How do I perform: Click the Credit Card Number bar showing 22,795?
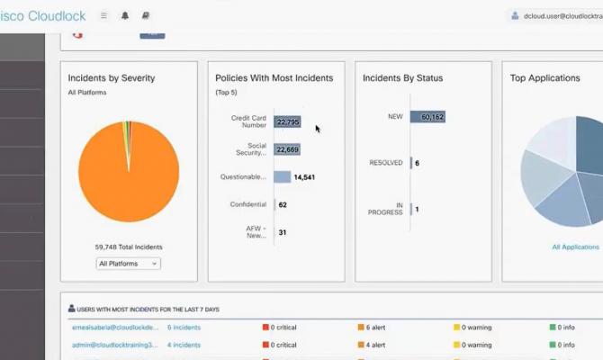288,121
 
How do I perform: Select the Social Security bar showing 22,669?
287,149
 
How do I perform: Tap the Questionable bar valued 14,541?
283,177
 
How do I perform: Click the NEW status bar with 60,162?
427,117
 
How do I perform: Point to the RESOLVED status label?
386,163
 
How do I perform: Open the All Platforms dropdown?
128,264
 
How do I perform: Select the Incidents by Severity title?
112,78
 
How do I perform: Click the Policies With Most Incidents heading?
274,78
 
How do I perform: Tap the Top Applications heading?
544,78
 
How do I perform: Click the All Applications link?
575,247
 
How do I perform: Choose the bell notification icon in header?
125,15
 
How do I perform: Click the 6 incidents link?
184,327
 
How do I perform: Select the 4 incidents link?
184,345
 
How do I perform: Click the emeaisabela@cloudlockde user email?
115,327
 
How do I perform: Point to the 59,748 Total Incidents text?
129,247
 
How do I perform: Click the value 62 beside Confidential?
283,204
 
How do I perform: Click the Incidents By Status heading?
402,78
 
